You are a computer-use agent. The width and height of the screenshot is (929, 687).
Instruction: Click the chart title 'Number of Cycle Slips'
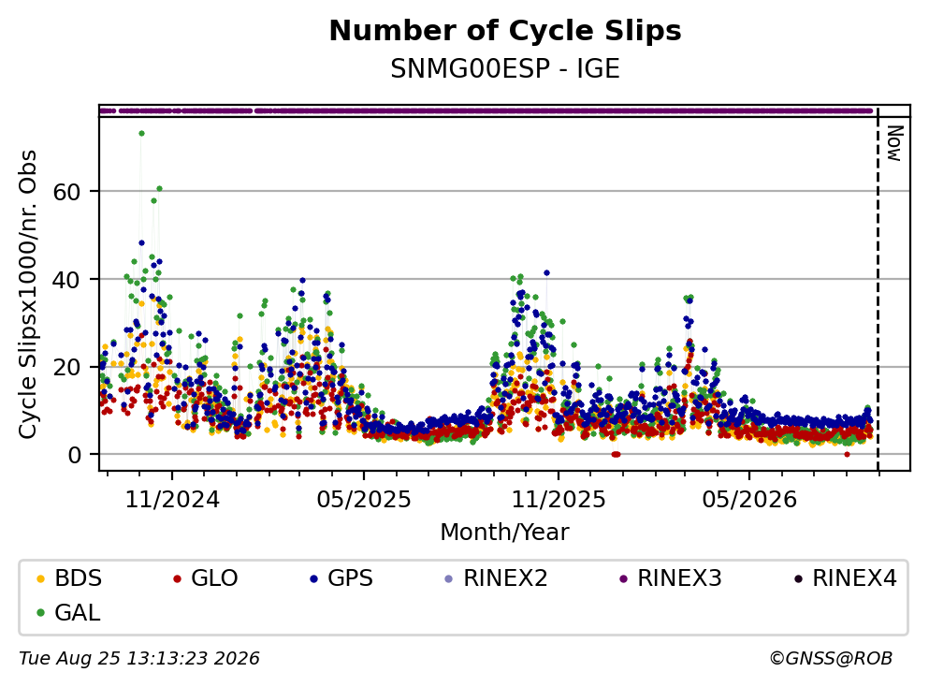tap(505, 31)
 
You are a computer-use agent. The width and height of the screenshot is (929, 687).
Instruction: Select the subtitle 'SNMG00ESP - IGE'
tap(505, 69)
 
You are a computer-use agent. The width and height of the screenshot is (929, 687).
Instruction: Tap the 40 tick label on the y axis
tap(66, 280)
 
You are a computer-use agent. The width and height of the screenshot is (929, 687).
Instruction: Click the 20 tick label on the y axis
tap(66, 368)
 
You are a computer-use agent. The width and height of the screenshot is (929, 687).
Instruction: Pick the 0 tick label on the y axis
tap(75, 455)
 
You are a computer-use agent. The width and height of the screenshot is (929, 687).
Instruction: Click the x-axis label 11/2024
tap(172, 500)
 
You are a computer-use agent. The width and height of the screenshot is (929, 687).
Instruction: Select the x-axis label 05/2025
tap(364, 500)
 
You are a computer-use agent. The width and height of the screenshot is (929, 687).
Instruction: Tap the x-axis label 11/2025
tap(559, 500)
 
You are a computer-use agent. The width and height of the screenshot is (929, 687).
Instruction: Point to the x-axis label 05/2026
tap(749, 500)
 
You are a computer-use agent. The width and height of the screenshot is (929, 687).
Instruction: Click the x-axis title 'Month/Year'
tap(505, 533)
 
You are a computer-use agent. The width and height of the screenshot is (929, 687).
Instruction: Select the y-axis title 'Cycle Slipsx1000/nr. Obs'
tap(28, 295)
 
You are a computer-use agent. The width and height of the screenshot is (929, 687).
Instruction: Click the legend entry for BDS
tap(68, 577)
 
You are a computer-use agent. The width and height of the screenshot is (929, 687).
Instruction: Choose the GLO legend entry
tap(205, 577)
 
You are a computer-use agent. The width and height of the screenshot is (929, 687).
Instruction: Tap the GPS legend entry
tap(341, 577)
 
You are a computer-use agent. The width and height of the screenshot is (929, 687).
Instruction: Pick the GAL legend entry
tap(68, 612)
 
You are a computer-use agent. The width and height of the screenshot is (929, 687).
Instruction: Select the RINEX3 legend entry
tap(671, 577)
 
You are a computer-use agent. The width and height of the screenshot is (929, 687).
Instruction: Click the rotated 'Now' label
tap(894, 143)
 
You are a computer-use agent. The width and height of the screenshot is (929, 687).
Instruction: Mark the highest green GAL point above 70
tap(141, 133)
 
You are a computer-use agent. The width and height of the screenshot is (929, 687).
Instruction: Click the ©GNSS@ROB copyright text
tap(831, 659)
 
